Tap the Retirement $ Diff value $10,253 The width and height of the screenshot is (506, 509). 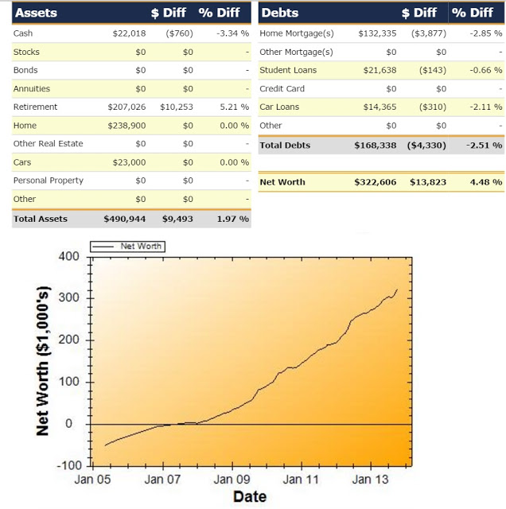(x=177, y=107)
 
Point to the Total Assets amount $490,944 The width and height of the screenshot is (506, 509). (x=124, y=218)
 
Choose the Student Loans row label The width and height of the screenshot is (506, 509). (x=287, y=70)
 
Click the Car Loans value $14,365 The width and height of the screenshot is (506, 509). (x=377, y=107)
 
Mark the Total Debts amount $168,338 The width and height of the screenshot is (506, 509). (x=375, y=146)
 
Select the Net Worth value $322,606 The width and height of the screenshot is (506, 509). (x=375, y=182)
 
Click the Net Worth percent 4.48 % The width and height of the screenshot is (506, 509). (x=486, y=182)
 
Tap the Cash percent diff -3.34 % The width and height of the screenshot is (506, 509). (x=233, y=33)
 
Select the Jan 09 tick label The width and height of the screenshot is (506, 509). (x=233, y=480)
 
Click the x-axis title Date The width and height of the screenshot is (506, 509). (x=249, y=497)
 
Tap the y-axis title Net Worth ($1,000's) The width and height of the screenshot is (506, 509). (x=44, y=360)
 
